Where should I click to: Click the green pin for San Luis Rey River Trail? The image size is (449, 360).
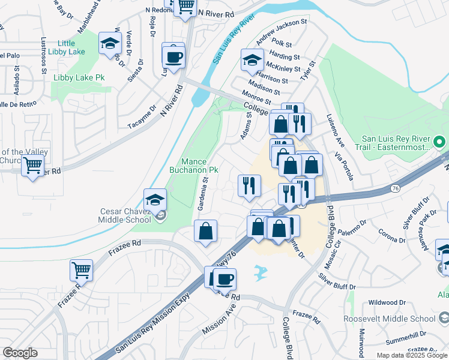tap(439, 142)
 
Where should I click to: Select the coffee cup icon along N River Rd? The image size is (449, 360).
tap(173, 57)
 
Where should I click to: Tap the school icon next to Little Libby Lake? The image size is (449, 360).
tap(110, 43)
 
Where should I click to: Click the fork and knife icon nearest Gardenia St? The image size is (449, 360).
tap(249, 185)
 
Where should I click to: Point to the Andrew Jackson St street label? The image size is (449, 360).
tap(281, 32)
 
